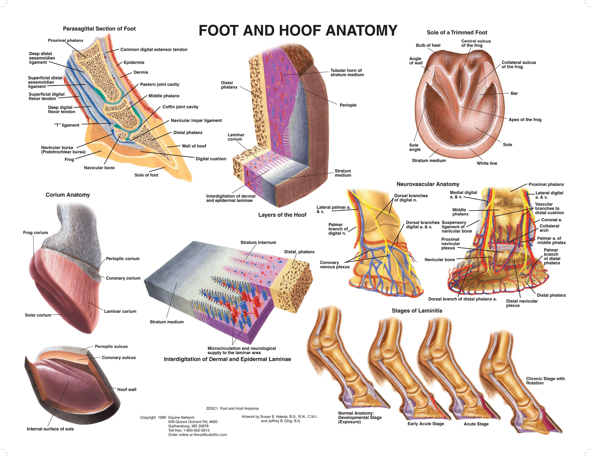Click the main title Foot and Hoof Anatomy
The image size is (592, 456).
[298, 30]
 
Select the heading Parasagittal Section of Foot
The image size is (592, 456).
[99, 29]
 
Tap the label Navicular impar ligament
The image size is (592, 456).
[196, 120]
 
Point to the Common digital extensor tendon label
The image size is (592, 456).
[154, 49]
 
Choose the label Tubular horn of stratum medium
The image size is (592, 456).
[347, 72]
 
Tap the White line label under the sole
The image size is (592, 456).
[487, 163]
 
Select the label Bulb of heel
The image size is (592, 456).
[428, 45]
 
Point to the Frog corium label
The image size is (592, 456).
[36, 233]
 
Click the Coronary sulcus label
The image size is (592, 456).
[119, 357]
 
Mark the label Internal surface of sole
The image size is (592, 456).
[50, 429]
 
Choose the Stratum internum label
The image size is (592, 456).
[258, 242]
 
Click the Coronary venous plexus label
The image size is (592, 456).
[334, 265]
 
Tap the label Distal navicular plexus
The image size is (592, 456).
[522, 303]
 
